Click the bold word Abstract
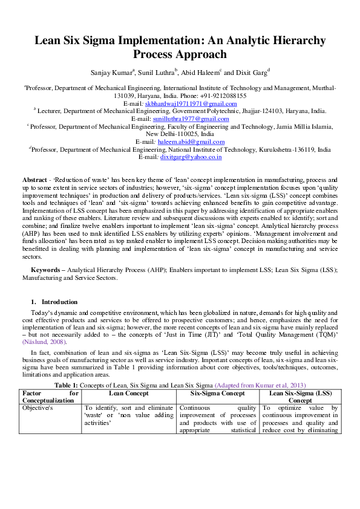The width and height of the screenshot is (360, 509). click(x=34, y=181)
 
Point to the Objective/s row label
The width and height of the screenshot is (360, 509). click(x=38, y=408)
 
